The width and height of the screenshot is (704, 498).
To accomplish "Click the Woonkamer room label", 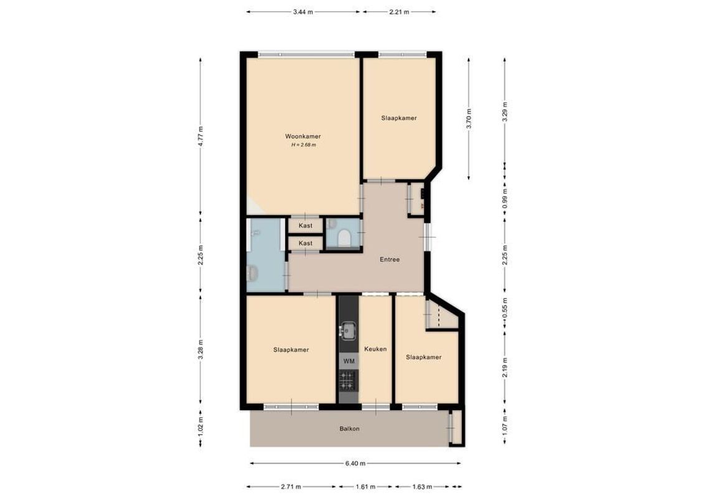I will pos(303,136).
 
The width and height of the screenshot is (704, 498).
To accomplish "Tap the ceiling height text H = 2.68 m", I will pos(303,146).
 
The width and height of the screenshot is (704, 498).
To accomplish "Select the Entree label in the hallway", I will pos(390,260).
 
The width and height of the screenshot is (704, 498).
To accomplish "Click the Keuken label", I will pos(375,349).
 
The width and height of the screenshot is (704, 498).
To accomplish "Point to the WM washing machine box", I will pos(349,361).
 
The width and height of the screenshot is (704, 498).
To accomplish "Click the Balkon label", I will pos(349,428).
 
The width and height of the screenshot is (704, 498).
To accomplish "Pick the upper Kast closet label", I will pos(305,225).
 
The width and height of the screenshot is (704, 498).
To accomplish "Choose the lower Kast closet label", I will pos(305,243).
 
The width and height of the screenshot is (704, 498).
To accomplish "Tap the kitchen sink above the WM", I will pos(349,330).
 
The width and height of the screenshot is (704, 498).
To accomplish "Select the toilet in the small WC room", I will pos(343,238).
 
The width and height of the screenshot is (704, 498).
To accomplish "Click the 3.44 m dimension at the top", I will pos(303,11).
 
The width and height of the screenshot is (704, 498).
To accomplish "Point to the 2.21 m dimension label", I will pos(398,11).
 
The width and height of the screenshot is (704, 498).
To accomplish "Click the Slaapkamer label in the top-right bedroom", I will pos(399,118).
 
